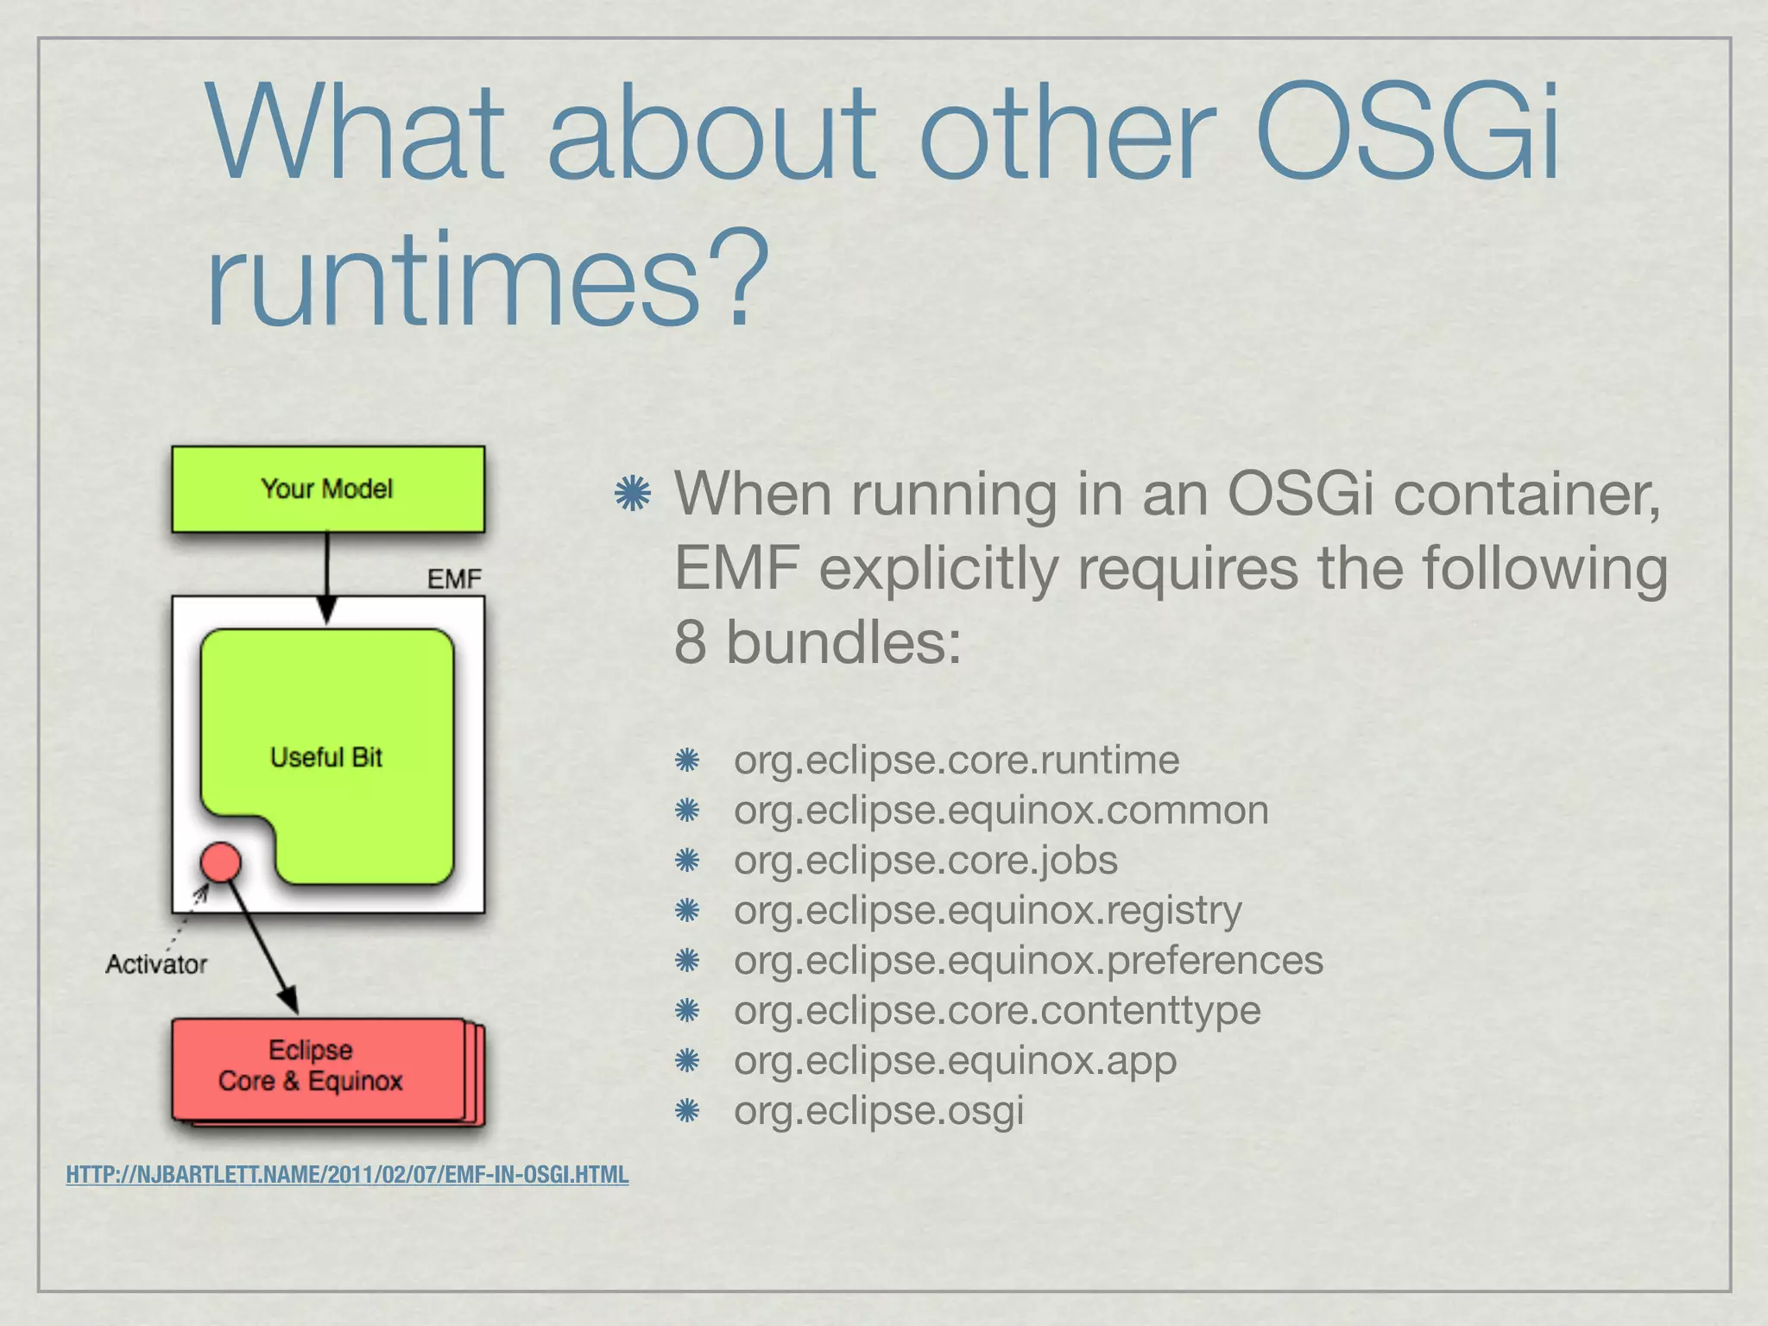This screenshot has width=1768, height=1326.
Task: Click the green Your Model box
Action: click(x=327, y=489)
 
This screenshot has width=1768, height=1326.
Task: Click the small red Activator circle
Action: click(x=221, y=862)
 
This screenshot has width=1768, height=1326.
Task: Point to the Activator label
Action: click(x=156, y=963)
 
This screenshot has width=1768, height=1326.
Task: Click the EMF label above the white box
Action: click(x=454, y=578)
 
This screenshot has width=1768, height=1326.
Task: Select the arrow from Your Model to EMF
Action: click(x=326, y=574)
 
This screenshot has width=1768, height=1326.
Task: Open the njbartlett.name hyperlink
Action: click(x=347, y=1175)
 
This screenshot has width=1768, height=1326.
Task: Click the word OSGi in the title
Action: click(x=1407, y=134)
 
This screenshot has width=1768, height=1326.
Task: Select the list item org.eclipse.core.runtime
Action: click(x=956, y=761)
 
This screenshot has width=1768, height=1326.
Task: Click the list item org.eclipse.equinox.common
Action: click(x=1001, y=811)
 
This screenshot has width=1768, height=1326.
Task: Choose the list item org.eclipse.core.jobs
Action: click(x=925, y=861)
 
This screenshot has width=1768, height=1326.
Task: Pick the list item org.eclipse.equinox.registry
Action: click(x=988, y=911)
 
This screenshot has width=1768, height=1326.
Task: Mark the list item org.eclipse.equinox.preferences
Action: click(x=1027, y=960)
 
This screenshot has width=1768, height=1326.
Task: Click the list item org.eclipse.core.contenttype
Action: click(x=997, y=1010)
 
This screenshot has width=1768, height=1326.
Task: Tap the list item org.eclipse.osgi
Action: click(x=878, y=1110)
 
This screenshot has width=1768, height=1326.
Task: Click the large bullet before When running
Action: click(x=633, y=494)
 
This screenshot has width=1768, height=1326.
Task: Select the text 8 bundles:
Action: click(x=817, y=643)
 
